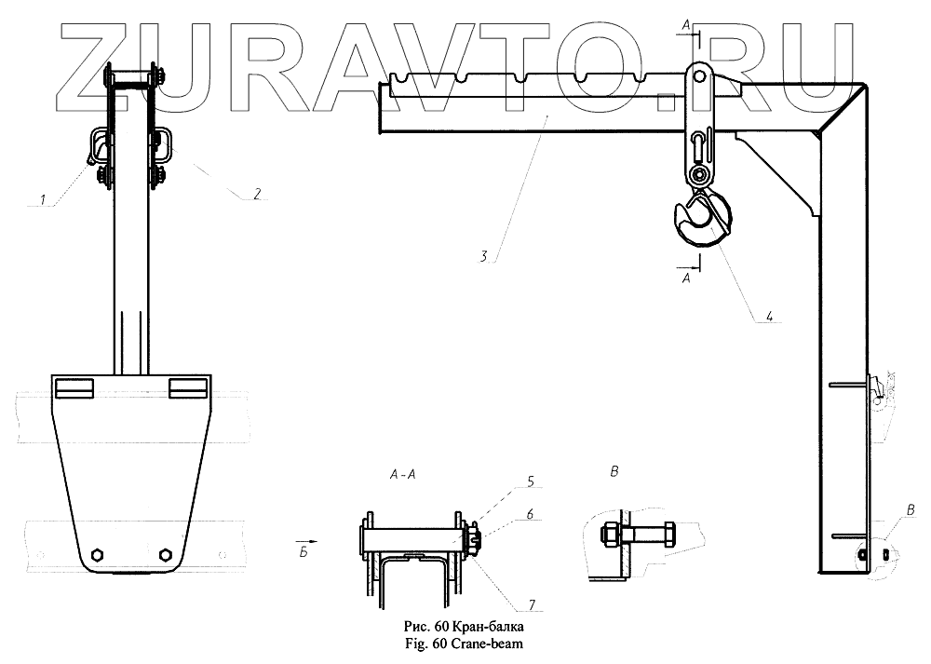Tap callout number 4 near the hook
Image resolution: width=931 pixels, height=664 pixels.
(769, 317)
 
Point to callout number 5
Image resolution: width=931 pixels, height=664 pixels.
(530, 482)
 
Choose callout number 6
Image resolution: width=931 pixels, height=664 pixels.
(530, 513)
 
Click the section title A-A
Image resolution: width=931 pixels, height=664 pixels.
(404, 474)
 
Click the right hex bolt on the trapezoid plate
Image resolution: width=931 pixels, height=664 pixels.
(165, 554)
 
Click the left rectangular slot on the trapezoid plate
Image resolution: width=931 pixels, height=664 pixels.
(74, 386)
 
